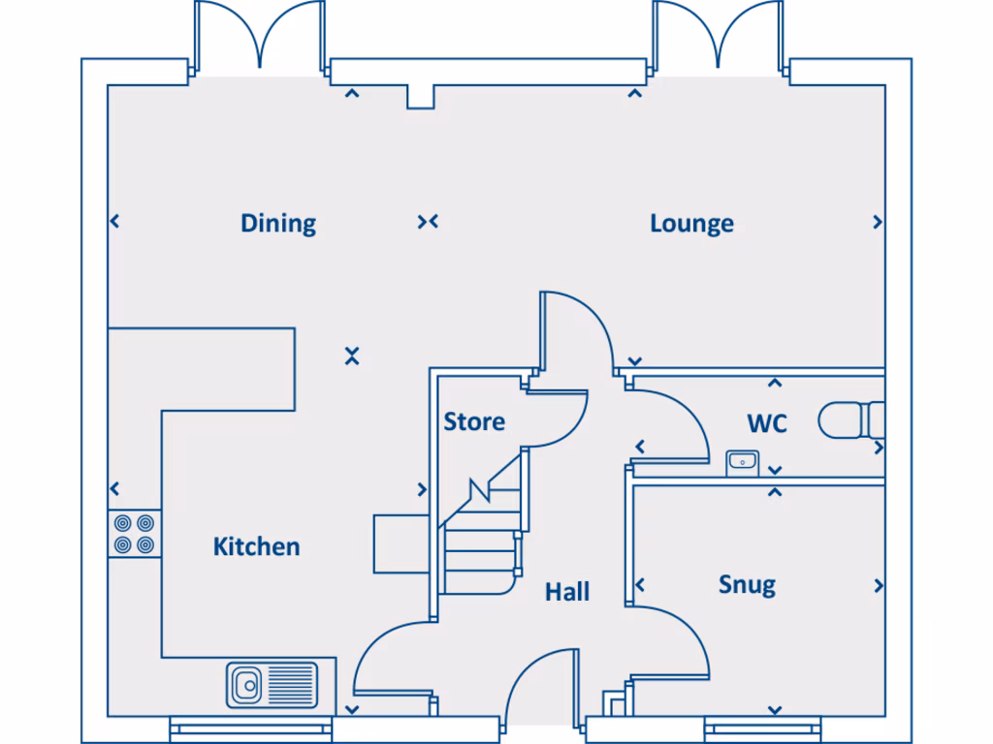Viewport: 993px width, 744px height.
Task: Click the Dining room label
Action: click(278, 224)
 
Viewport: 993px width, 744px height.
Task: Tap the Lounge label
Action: click(691, 224)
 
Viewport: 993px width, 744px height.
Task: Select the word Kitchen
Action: click(256, 546)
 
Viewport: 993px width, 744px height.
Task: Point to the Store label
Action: click(474, 421)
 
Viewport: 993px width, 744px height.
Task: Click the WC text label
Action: click(767, 424)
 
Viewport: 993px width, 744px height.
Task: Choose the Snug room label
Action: click(748, 585)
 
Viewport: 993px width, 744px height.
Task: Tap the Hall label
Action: click(567, 592)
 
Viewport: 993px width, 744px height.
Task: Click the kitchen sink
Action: click(272, 685)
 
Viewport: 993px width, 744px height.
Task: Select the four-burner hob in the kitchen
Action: click(134, 534)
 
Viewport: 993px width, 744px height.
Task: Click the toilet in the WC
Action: click(851, 420)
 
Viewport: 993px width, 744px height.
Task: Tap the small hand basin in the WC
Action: click(742, 463)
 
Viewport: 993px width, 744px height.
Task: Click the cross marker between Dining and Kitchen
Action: click(352, 356)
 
